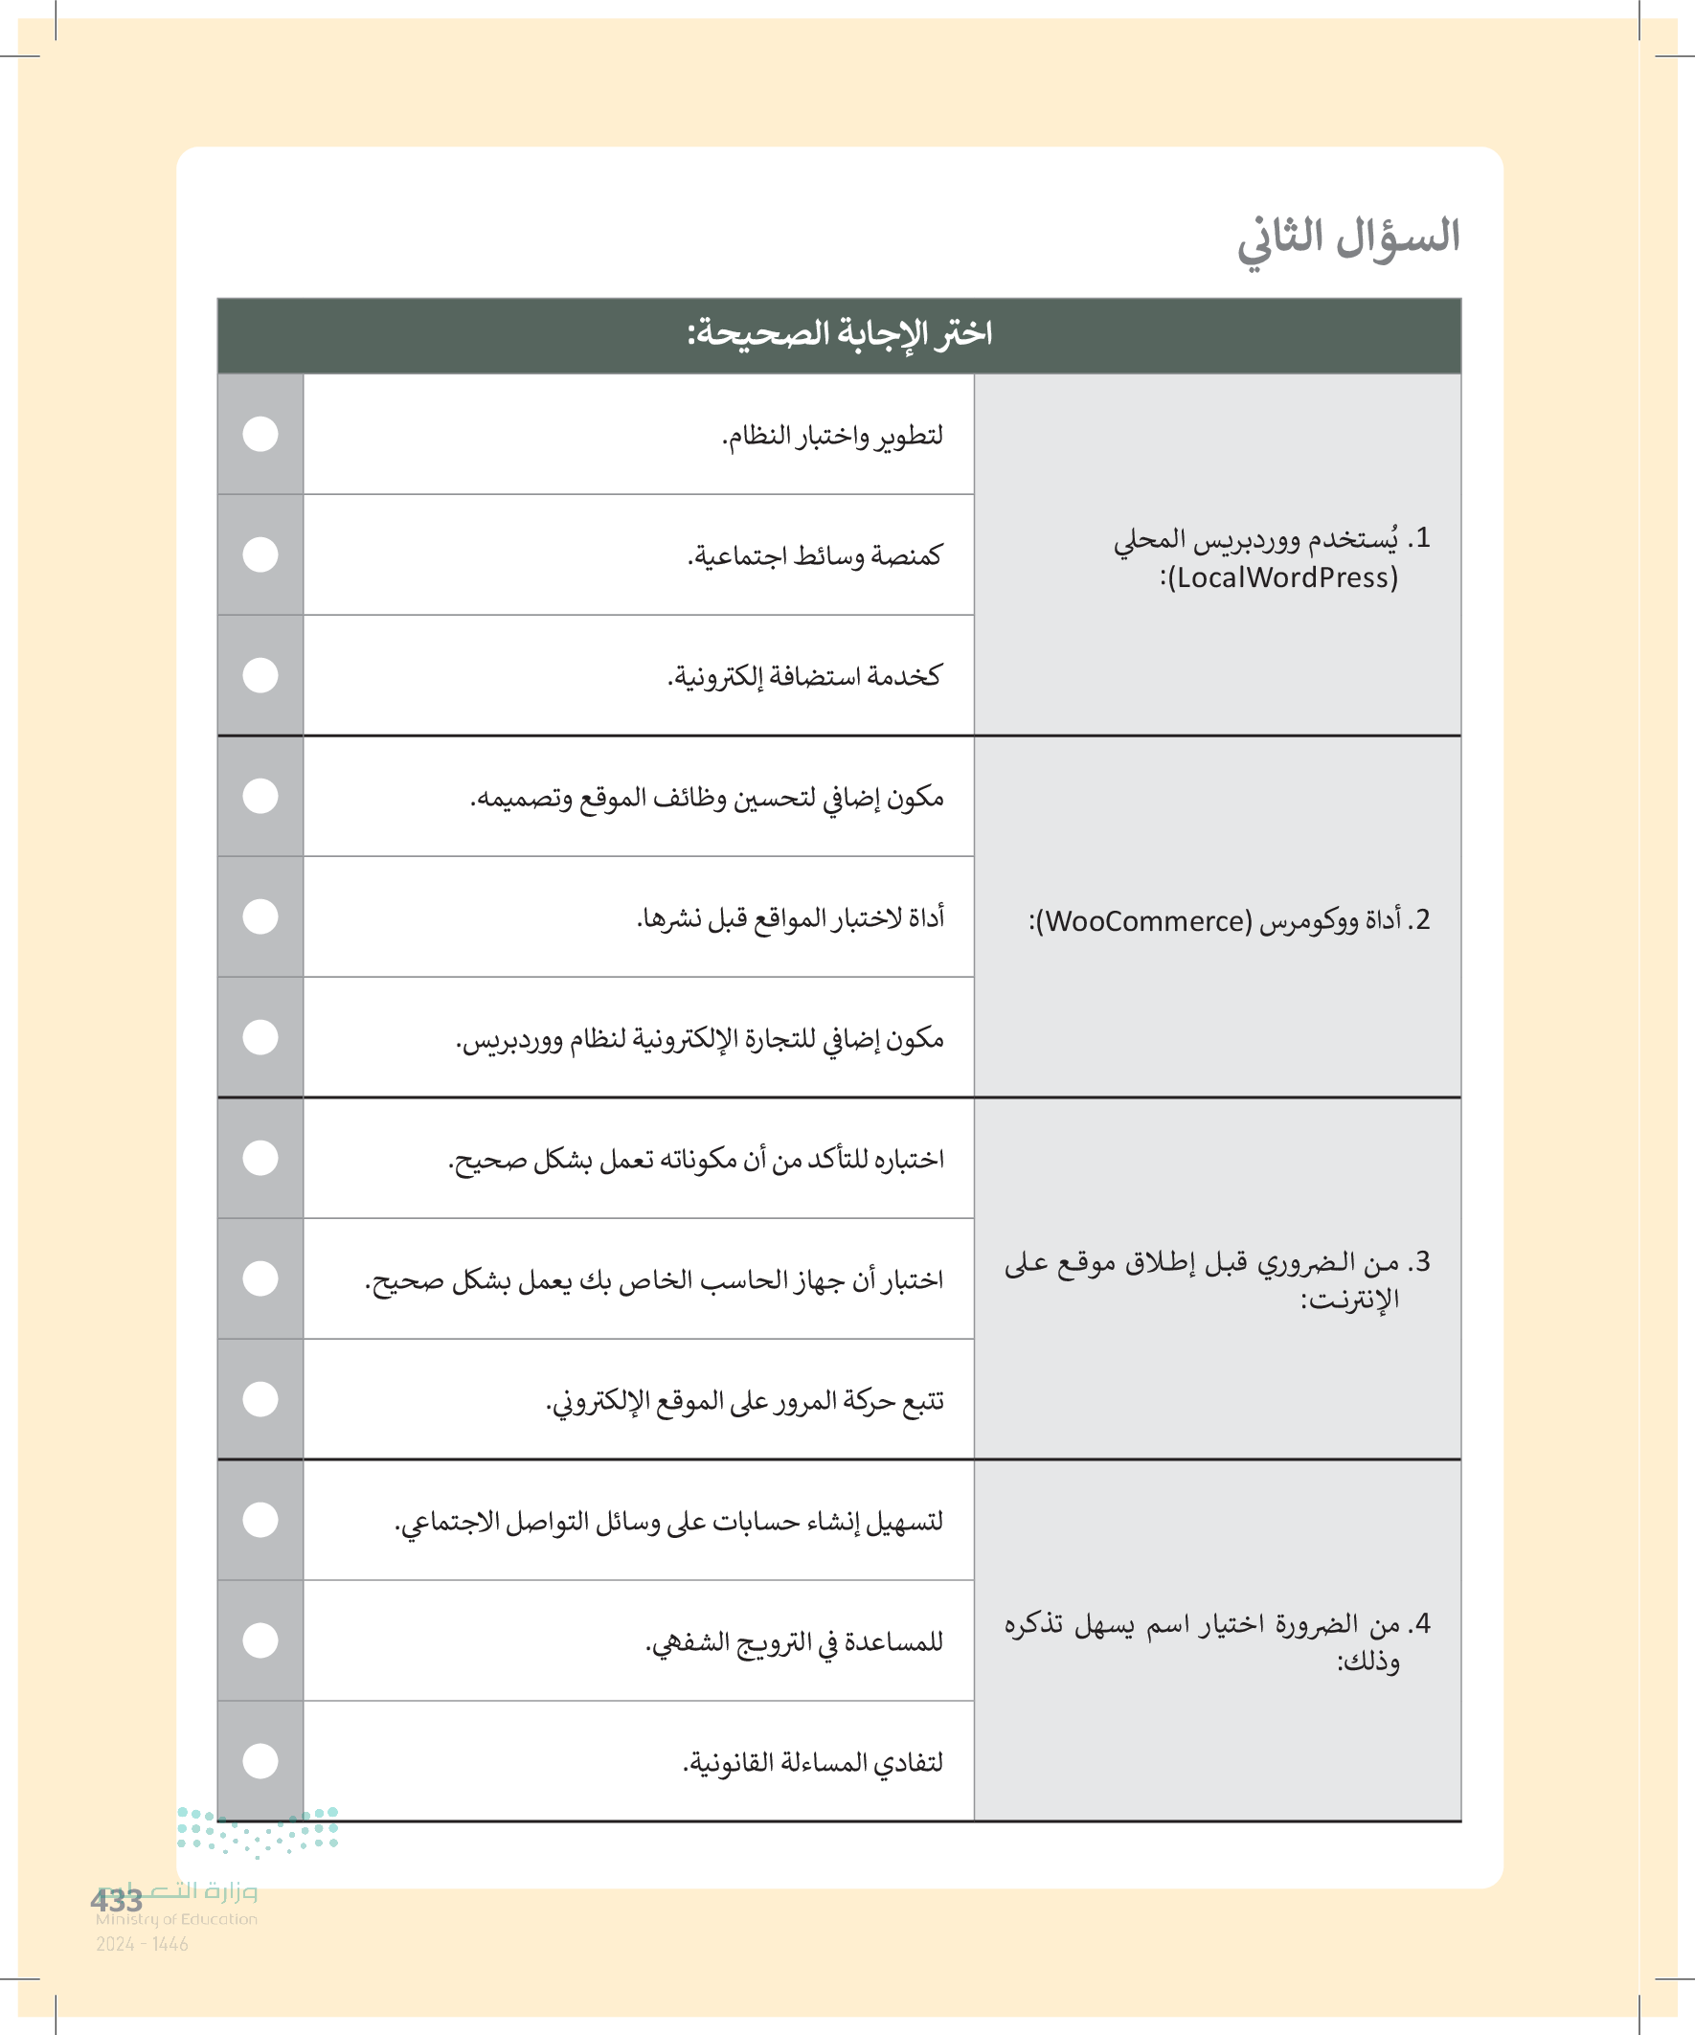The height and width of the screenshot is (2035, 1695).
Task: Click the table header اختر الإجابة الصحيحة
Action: click(839, 334)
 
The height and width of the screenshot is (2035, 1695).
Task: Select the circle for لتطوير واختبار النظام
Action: click(260, 434)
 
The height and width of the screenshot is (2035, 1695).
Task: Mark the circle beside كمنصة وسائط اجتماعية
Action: click(260, 554)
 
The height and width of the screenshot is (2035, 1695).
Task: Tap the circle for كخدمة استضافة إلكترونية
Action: click(260, 675)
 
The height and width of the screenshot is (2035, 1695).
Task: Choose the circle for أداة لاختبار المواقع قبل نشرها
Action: click(260, 916)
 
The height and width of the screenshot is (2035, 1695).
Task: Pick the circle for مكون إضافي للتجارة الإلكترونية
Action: click(260, 1037)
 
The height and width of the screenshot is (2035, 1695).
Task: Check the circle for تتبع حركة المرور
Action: click(260, 1399)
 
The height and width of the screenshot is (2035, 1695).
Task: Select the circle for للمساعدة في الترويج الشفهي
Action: click(260, 1640)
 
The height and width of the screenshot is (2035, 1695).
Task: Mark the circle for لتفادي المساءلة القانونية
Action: click(260, 1761)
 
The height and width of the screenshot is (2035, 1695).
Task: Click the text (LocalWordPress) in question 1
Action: click(1279, 578)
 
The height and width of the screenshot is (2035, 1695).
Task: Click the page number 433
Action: click(116, 1900)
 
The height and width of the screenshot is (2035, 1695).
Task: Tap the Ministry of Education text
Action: click(176, 1920)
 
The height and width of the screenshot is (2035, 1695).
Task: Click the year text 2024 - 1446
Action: click(142, 1944)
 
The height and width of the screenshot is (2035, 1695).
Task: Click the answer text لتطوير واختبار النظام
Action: click(832, 436)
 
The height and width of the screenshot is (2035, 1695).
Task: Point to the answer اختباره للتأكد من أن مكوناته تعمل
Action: click(696, 1159)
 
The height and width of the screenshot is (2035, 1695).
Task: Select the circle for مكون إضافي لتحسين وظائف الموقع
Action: click(260, 796)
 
